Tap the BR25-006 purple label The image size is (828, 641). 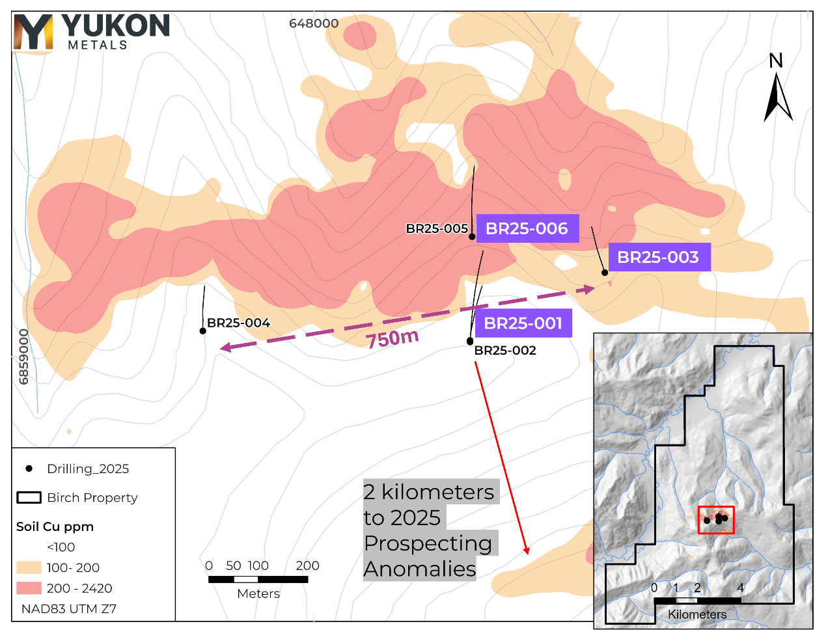pyautogui.click(x=527, y=228)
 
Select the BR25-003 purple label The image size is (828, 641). pyautogui.click(x=658, y=257)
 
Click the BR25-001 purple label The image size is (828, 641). pyautogui.click(x=523, y=323)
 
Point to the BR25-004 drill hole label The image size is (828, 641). pyautogui.click(x=238, y=323)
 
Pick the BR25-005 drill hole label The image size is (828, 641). pyautogui.click(x=437, y=228)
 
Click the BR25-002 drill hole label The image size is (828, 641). pyautogui.click(x=505, y=350)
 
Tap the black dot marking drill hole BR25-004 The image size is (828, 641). pyautogui.click(x=203, y=331)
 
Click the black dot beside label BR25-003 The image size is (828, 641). pyautogui.click(x=605, y=272)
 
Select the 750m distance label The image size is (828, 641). pyautogui.click(x=392, y=338)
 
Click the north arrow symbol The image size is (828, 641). pyautogui.click(x=777, y=98)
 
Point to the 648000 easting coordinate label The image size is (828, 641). pyautogui.click(x=314, y=23)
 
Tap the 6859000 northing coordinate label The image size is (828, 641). pyautogui.click(x=24, y=357)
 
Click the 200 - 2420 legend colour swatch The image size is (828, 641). pyautogui.click(x=29, y=588)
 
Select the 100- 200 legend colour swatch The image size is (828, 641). pyautogui.click(x=29, y=567)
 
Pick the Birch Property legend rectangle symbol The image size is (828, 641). pyautogui.click(x=29, y=497)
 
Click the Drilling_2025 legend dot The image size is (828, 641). pyautogui.click(x=29, y=469)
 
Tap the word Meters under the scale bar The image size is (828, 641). pyautogui.click(x=258, y=593)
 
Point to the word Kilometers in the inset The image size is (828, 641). pyautogui.click(x=697, y=614)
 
